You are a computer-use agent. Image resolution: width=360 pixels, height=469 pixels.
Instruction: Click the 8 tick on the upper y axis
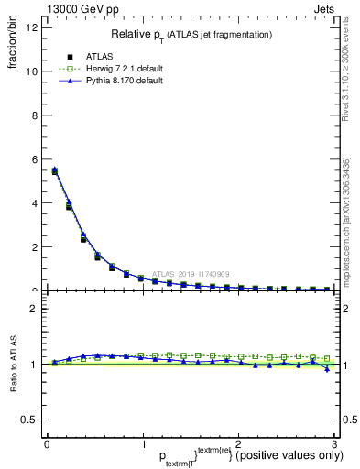33,115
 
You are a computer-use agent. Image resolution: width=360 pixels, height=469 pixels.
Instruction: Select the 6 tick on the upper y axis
33,159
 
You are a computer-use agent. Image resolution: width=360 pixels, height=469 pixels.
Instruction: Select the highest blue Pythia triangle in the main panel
54,169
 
